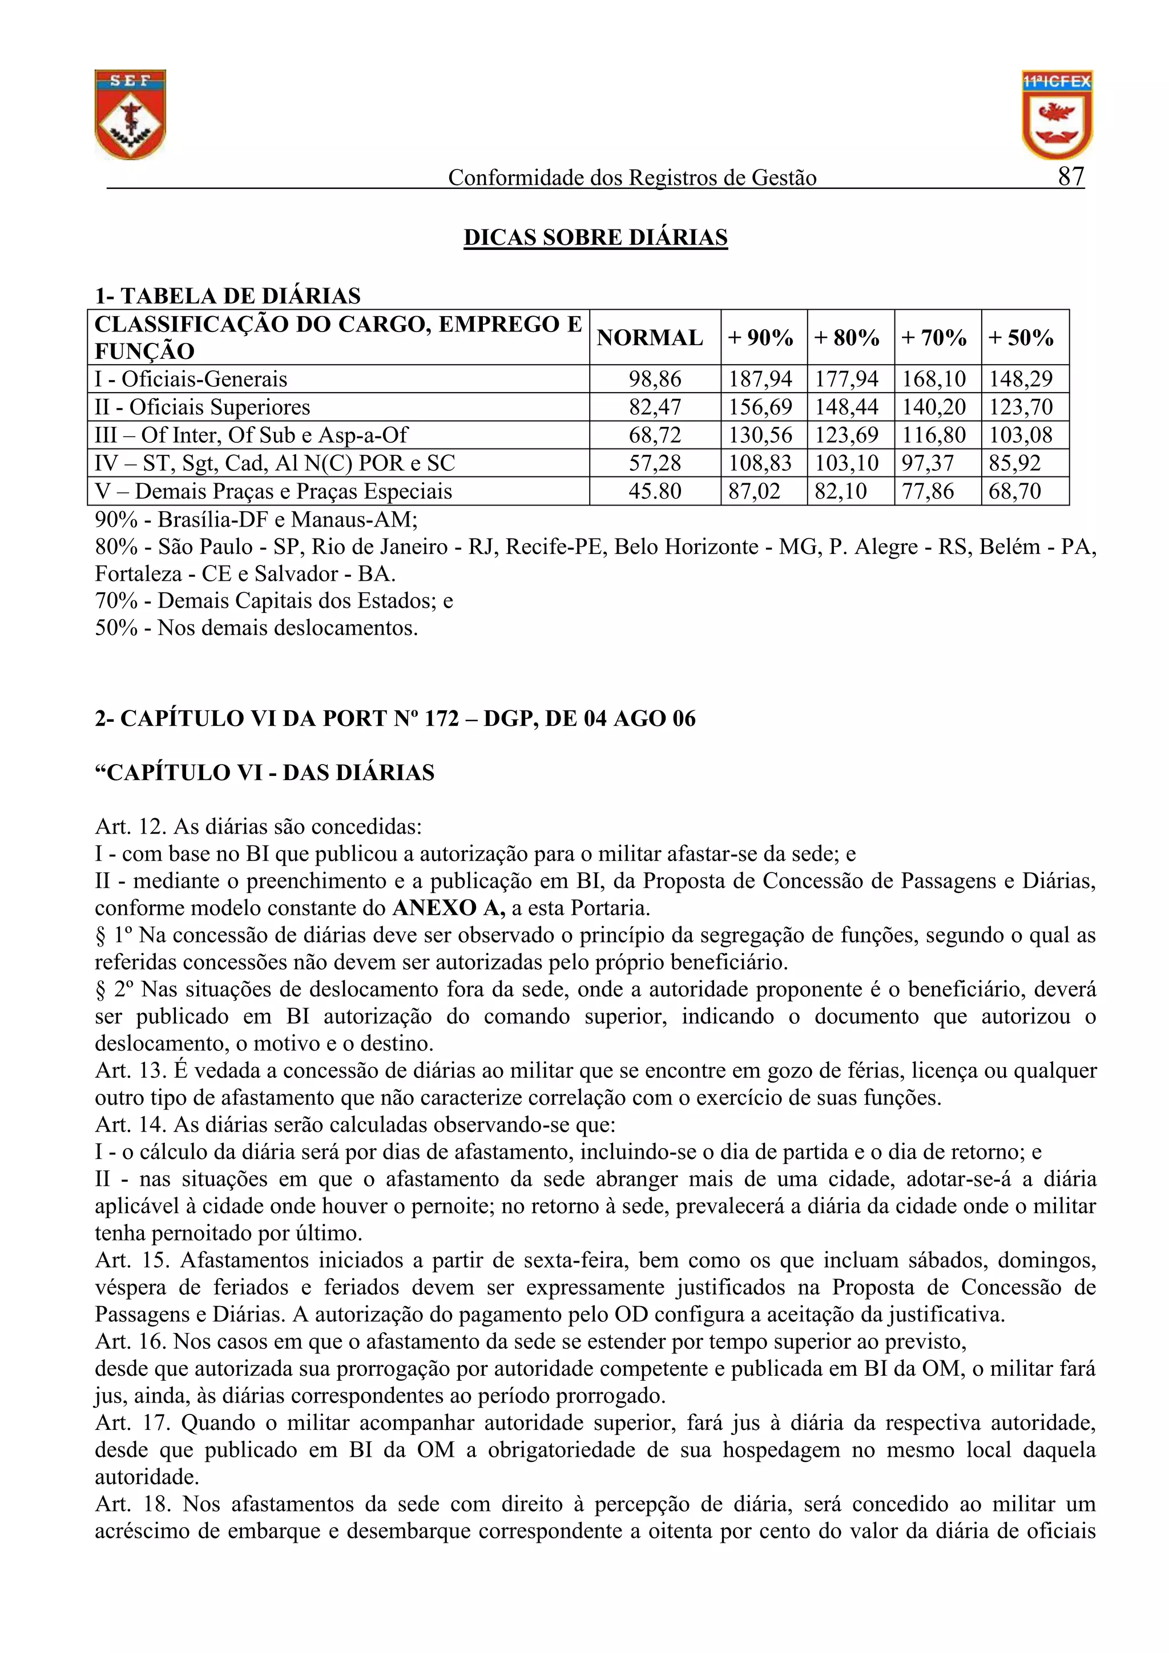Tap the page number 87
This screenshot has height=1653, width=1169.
1070,176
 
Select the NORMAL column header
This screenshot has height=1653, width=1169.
649,338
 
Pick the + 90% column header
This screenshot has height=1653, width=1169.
761,338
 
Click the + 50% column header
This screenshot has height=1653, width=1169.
1021,338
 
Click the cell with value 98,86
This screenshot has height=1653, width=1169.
654,379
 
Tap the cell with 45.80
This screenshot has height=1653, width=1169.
654,491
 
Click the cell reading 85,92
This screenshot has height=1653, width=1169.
1014,463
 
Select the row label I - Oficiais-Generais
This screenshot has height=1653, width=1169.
191,379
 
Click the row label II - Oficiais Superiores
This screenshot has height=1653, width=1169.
203,407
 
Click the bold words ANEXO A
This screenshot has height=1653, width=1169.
448,908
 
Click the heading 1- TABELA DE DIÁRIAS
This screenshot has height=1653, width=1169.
228,296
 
